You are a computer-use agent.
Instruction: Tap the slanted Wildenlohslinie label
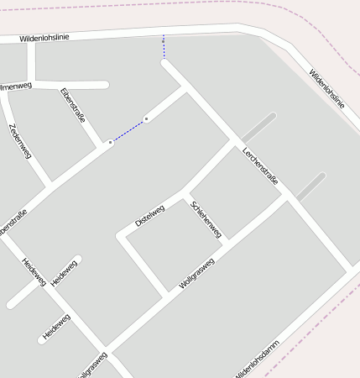point(326,89)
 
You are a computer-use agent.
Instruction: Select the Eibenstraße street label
point(73,107)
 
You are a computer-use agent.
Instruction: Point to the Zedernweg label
point(20,141)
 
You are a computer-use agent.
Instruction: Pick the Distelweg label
point(150,215)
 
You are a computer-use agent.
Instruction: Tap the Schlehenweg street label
point(206,218)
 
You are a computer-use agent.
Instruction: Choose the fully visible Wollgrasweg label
point(197,274)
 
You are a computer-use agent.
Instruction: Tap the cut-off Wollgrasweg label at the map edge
point(92,365)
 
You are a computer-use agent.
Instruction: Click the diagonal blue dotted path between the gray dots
point(128,131)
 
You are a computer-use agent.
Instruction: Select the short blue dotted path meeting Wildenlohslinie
point(164,48)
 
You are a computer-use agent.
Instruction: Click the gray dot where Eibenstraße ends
point(110,144)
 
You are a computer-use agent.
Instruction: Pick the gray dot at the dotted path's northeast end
point(146,119)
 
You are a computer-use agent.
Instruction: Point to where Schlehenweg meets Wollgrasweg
point(227,239)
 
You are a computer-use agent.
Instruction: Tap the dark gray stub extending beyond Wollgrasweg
point(310,186)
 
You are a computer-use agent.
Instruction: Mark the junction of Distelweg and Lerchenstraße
point(232,143)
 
